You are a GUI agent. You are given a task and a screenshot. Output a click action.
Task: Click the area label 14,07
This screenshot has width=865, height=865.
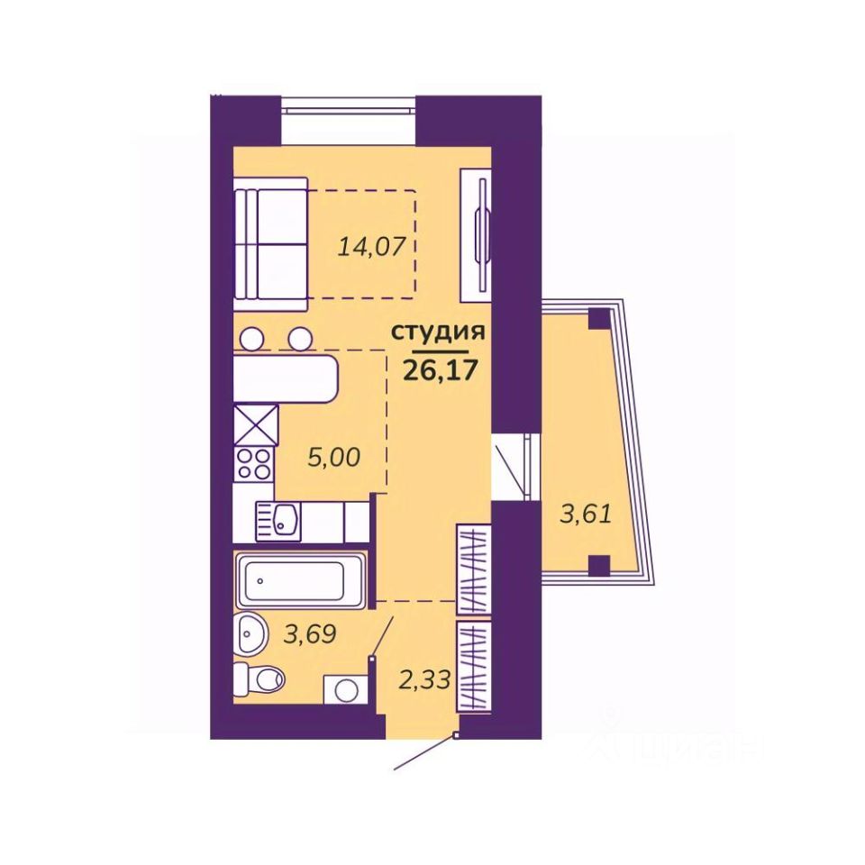tap(371, 247)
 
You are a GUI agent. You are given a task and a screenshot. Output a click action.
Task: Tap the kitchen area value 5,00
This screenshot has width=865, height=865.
tap(333, 458)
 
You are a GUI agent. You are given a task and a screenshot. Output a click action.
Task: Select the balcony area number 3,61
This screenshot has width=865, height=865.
tap(586, 514)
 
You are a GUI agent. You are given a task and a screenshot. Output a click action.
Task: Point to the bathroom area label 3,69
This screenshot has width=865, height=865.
tap(309, 633)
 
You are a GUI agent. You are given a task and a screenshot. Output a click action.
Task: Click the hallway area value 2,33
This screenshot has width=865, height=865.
tap(424, 679)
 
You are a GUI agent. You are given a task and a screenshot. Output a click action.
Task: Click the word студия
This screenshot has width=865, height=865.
tap(438, 332)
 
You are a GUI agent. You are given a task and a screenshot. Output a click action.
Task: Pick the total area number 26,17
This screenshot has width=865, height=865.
tap(440, 370)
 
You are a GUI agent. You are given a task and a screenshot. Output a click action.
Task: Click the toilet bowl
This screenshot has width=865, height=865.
tap(259, 677)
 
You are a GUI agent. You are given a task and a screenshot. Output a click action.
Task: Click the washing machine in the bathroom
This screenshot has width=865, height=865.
tap(346, 689)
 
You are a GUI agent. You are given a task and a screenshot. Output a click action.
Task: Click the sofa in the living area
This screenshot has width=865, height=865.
tap(270, 244)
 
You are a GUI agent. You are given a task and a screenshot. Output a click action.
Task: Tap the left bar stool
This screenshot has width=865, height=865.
tap(253, 338)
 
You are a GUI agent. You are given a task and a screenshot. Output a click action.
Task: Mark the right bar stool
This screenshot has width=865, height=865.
tap(301, 338)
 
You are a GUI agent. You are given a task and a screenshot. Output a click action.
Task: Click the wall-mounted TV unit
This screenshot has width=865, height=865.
tap(476, 235)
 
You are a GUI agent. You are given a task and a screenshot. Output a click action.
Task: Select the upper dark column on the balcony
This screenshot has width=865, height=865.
tap(599, 319)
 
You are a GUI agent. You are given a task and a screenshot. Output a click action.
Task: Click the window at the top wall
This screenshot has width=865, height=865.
tap(348, 105)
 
